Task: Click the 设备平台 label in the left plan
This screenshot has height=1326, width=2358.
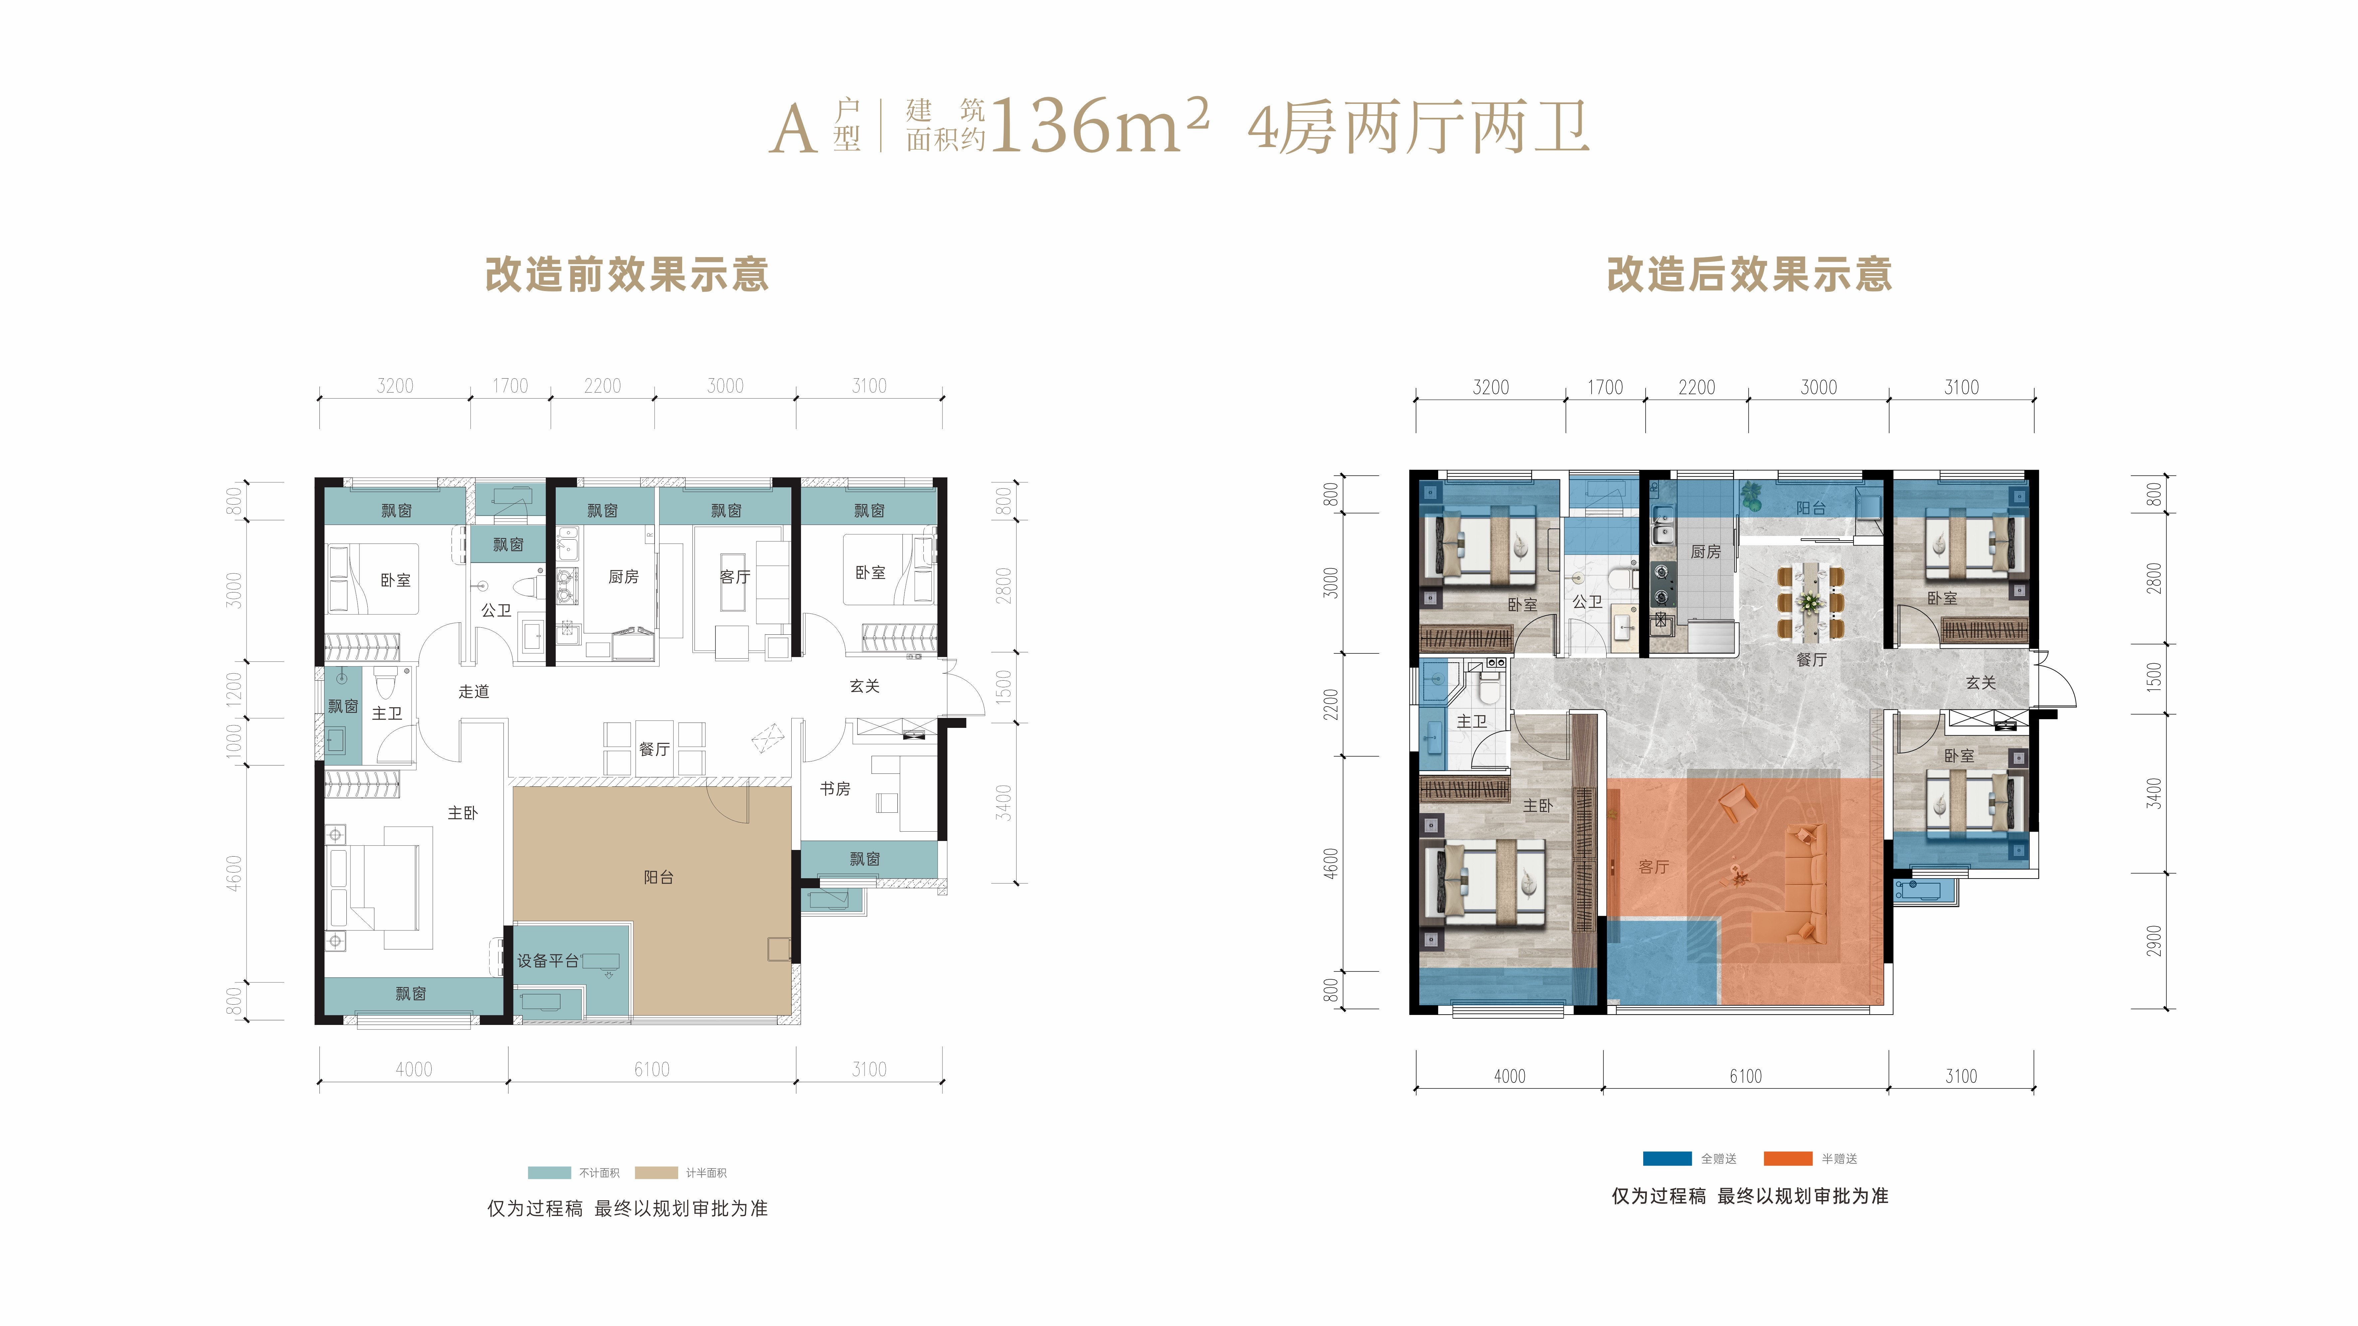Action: pyautogui.click(x=547, y=960)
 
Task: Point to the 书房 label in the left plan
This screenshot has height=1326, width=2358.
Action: pyautogui.click(x=835, y=788)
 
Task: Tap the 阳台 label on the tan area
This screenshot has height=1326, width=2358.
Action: pyautogui.click(x=658, y=877)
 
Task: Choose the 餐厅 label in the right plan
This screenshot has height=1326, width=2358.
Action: pyautogui.click(x=1812, y=659)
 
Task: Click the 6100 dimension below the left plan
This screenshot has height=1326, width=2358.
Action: pyautogui.click(x=652, y=1069)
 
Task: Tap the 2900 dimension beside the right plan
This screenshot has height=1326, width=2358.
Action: pyautogui.click(x=2154, y=941)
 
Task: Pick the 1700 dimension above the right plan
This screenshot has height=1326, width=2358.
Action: pyautogui.click(x=1606, y=387)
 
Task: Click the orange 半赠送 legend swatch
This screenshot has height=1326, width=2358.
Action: pyautogui.click(x=1788, y=1159)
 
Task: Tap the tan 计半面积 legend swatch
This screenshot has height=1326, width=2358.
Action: pyautogui.click(x=656, y=1172)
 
